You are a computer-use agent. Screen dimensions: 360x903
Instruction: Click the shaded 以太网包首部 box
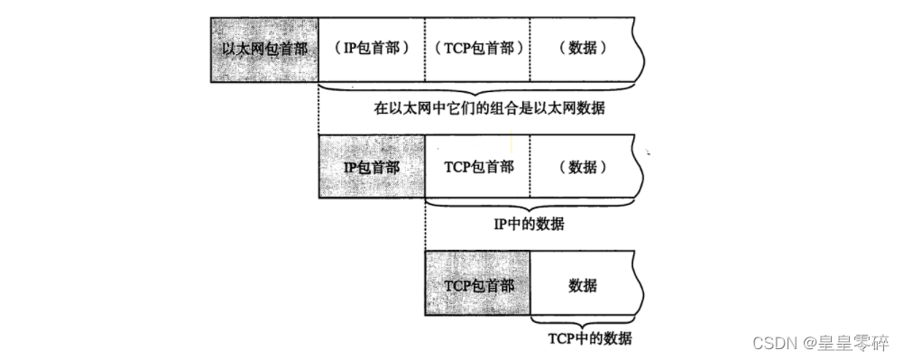pyautogui.click(x=265, y=49)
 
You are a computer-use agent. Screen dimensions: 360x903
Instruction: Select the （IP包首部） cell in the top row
pyautogui.click(x=371, y=49)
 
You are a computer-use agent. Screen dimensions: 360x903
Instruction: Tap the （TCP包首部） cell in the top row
pyautogui.click(x=477, y=49)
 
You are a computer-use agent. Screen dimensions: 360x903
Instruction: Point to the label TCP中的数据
pyautogui.click(x=590, y=339)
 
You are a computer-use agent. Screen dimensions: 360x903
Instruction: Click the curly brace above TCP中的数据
pyautogui.click(x=588, y=323)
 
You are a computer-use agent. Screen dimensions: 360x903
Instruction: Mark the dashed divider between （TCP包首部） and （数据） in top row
pyautogui.click(x=530, y=49)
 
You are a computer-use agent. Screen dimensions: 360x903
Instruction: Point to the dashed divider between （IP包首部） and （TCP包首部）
pyautogui.click(x=425, y=49)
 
